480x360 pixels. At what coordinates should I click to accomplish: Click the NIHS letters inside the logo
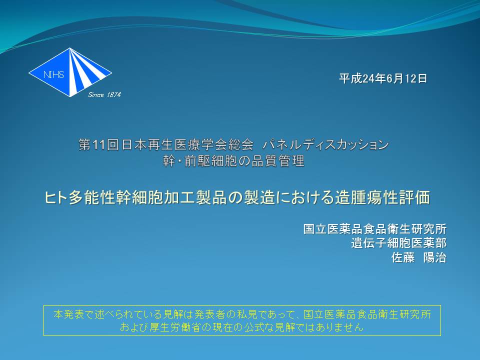point(53,74)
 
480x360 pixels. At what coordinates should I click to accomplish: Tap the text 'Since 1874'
point(104,95)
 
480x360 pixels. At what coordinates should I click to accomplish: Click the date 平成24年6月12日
point(382,78)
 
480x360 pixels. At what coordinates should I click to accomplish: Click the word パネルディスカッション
point(325,145)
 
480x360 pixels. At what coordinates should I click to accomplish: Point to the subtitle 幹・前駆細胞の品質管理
point(233,161)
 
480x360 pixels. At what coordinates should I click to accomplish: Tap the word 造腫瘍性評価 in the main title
point(382,197)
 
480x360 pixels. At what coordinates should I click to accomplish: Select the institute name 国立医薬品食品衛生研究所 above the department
point(374,229)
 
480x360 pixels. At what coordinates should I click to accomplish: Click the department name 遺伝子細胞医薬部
point(398,243)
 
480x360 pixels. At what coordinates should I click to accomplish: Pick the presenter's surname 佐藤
point(403,257)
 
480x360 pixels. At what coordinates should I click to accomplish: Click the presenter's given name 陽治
point(434,257)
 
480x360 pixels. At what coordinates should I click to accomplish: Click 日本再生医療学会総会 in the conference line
point(187,145)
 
